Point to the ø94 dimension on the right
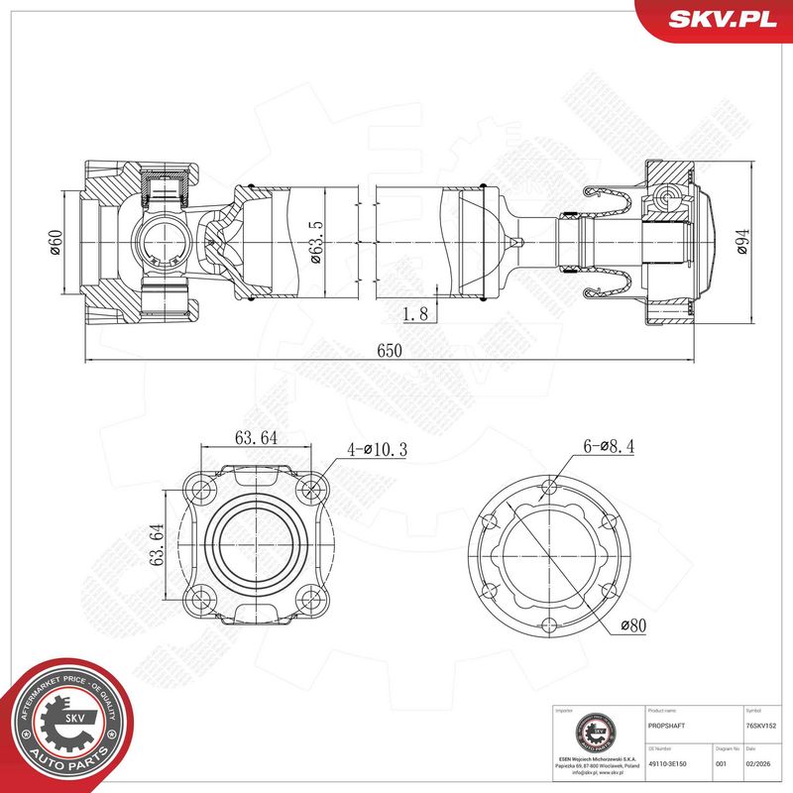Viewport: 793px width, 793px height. tap(742, 241)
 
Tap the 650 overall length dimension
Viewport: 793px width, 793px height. tap(390, 350)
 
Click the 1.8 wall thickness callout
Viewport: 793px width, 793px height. tap(416, 314)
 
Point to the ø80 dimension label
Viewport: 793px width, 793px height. tap(634, 626)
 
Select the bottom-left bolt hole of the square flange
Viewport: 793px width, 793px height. tap(201, 597)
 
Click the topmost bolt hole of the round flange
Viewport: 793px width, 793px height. tap(552, 486)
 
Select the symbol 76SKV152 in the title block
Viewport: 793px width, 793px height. tap(762, 726)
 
